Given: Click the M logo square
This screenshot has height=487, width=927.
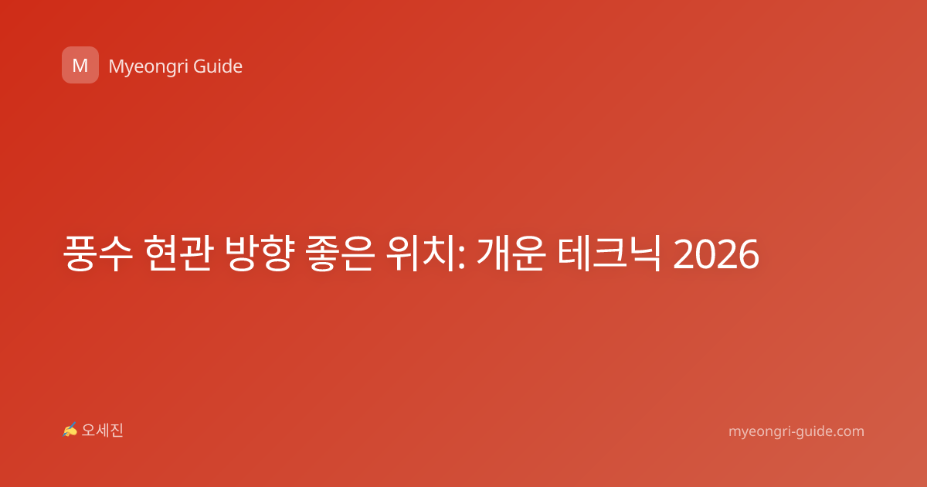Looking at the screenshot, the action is coord(80,65).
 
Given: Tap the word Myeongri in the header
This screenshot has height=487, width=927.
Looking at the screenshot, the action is coord(148,67).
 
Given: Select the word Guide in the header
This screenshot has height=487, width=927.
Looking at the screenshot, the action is coord(218,66).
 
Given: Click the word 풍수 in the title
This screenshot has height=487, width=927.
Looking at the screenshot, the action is coord(97,253).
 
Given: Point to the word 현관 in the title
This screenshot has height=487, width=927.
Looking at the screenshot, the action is coord(178,253).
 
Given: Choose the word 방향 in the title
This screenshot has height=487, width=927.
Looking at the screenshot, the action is coord(260,253).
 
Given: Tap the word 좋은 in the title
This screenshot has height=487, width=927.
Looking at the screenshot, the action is coord(340,253).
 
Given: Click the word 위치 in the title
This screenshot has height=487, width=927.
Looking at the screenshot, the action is coord(420,253).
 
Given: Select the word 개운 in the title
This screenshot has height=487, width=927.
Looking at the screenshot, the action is coord(511,253).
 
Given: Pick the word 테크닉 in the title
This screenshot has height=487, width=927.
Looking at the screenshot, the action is coord(610,253).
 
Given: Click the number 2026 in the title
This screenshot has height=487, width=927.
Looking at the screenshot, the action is coord(716,254).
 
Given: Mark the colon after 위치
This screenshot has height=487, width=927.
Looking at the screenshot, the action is coord(461,257).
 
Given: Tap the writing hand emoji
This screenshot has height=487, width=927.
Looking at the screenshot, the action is coord(70,430).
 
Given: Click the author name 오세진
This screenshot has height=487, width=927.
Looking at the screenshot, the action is coord(102,431).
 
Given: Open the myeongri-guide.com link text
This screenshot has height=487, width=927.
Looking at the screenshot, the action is coord(796,431).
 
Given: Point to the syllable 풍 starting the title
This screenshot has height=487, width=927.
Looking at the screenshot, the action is coord(80,253).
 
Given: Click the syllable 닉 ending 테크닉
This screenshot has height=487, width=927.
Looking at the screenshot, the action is coord(644,253).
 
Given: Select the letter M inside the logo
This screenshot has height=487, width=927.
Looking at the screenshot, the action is coord(80,66).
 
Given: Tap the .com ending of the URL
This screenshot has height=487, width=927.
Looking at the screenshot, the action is coord(848,431).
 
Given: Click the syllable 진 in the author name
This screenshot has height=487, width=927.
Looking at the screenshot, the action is coord(117,431).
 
